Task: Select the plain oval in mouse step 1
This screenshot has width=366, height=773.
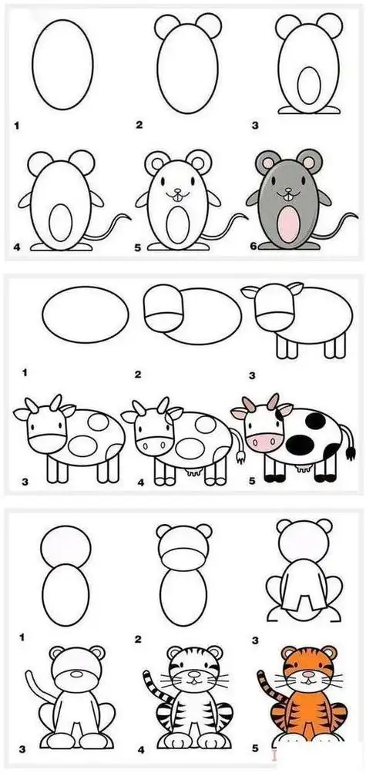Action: (62, 65)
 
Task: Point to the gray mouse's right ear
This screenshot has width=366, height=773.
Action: (310, 163)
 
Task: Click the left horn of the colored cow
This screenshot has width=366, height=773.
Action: (248, 403)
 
